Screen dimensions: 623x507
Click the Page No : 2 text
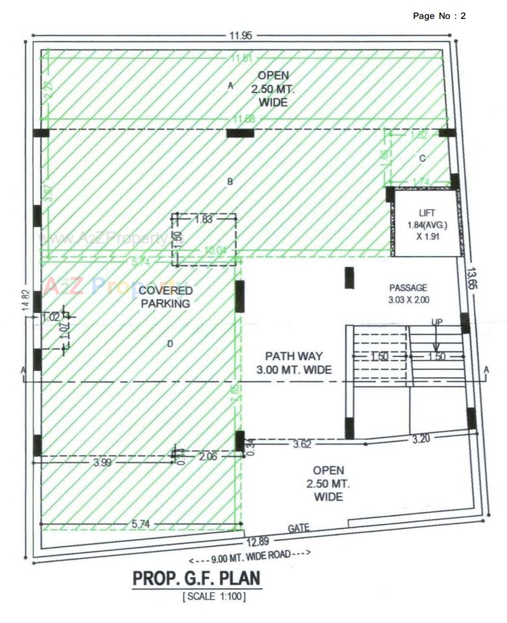click(439, 16)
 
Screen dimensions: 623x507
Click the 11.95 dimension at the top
click(241, 36)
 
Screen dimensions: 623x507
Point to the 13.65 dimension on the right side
click(472, 278)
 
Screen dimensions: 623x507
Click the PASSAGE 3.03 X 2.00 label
click(408, 294)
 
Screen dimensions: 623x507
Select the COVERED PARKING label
click(166, 297)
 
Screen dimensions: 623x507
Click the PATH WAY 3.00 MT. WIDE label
click(294, 363)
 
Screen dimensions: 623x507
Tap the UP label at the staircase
click(437, 322)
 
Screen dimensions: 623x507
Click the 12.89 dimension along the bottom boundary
click(258, 542)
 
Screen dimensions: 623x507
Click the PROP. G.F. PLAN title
click(197, 578)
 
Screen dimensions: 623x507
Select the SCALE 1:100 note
click(214, 596)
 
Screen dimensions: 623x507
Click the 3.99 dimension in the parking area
click(102, 462)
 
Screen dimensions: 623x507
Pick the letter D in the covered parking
click(170, 344)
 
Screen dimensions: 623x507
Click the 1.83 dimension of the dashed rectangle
click(204, 219)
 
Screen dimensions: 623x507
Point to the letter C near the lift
click(422, 159)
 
